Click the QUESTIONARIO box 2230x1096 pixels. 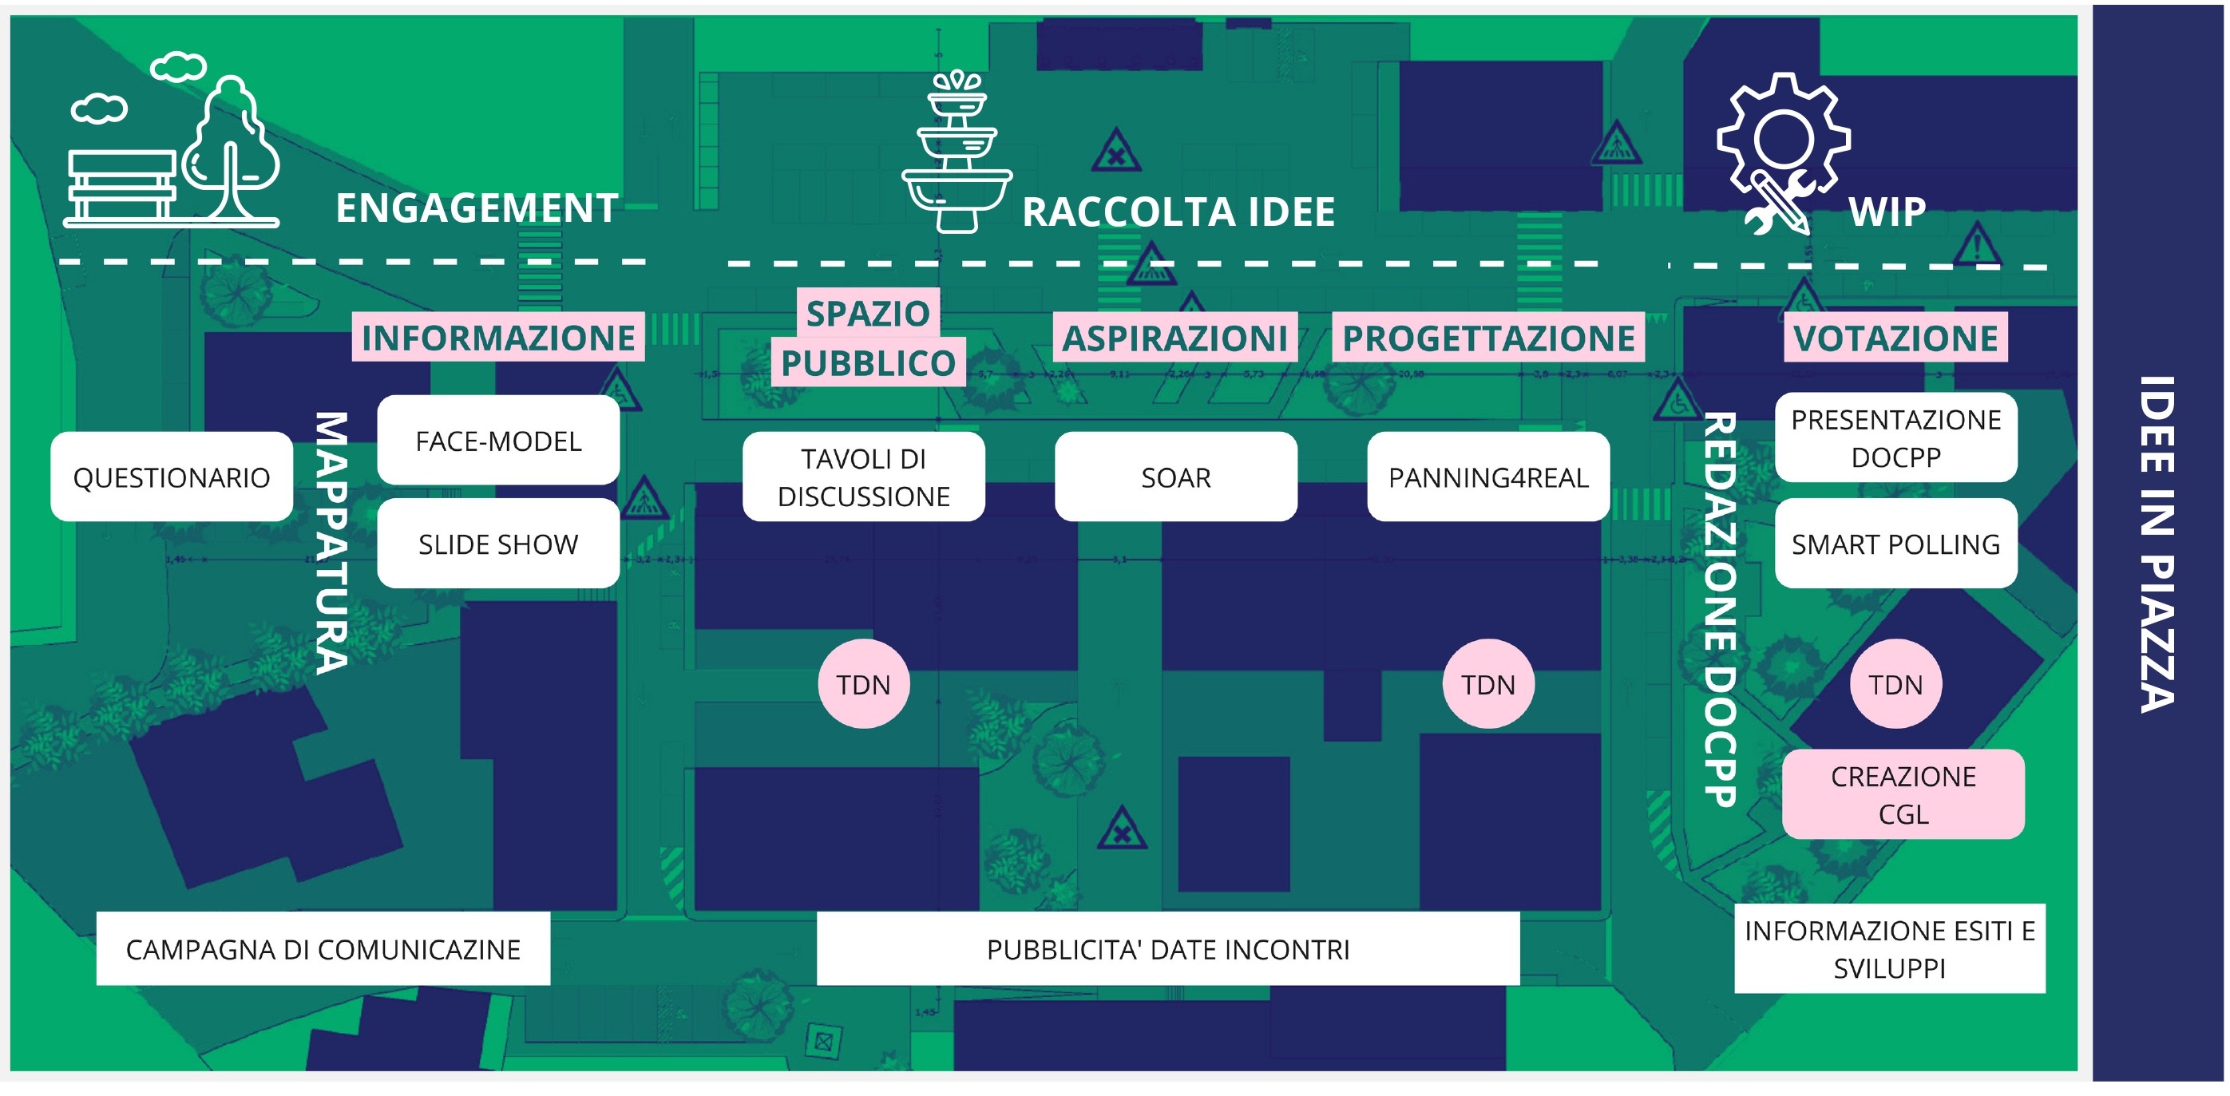coord(172,477)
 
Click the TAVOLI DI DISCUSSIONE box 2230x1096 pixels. coord(863,477)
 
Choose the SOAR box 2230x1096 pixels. coord(1175,477)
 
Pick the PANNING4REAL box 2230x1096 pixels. coord(1488,477)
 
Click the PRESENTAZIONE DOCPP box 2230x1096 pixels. coord(1895,438)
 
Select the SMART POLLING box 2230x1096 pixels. coord(1895,544)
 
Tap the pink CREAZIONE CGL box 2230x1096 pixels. coord(1903,795)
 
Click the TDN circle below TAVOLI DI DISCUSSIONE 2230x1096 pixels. coord(863,685)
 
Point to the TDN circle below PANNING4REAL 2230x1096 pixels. coord(1488,685)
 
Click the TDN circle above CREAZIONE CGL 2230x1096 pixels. coord(1895,685)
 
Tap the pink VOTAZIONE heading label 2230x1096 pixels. coord(1895,337)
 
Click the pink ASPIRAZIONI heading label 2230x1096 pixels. coord(1174,337)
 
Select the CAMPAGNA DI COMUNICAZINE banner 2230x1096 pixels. coord(323,949)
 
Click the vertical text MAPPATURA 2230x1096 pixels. coord(331,543)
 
